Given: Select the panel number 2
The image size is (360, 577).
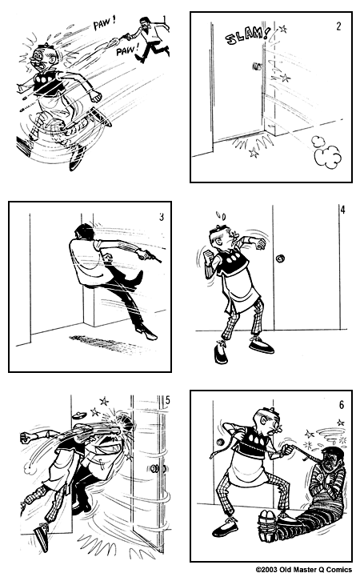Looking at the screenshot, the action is pyautogui.click(x=338, y=26).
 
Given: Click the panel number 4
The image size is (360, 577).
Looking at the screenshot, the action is pyautogui.click(x=342, y=210).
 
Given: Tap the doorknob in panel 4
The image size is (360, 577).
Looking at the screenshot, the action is pyautogui.click(x=281, y=258).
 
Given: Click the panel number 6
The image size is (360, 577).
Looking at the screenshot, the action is pyautogui.click(x=342, y=405).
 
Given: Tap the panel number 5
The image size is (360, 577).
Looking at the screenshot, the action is pyautogui.click(x=168, y=400).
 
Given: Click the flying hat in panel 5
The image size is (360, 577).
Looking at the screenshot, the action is pyautogui.click(x=79, y=415).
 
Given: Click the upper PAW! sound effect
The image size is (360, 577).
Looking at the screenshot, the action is pyautogui.click(x=105, y=24).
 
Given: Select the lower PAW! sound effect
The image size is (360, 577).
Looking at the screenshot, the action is pyautogui.click(x=127, y=50).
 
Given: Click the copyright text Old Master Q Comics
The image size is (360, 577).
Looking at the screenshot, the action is pyautogui.click(x=303, y=570).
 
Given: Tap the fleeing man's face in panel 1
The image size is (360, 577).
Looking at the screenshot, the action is pyautogui.click(x=41, y=58).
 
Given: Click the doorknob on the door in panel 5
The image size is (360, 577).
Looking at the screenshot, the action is pyautogui.click(x=156, y=468).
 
